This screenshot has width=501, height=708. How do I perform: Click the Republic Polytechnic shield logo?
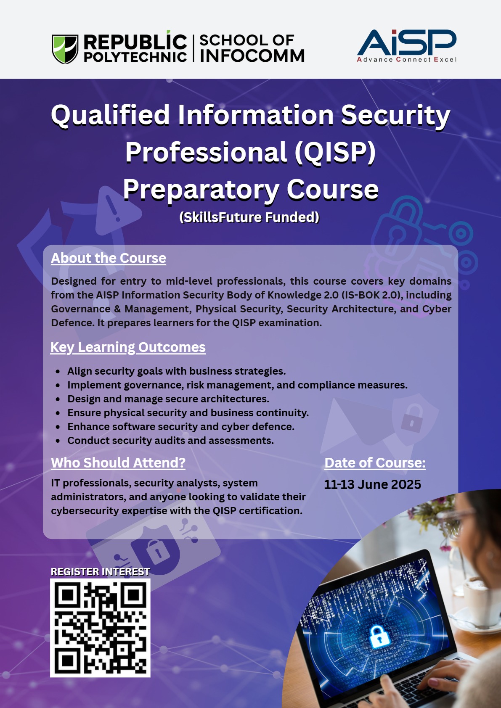[x=65, y=49]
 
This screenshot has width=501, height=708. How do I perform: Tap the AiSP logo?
[x=407, y=45]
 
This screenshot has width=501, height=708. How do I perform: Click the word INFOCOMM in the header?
[x=252, y=55]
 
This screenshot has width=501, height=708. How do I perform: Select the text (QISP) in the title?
[x=335, y=152]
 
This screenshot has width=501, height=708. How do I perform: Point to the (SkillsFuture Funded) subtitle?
[x=249, y=217]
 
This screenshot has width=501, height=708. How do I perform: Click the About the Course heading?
[x=109, y=258]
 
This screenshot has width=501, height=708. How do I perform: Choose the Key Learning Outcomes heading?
[x=128, y=347]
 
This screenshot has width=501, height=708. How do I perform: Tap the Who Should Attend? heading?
[x=118, y=463]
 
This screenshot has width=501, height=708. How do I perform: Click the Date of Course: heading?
[x=375, y=463]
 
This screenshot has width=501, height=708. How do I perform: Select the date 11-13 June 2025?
[x=373, y=484]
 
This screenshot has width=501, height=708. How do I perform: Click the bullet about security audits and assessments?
[x=170, y=441]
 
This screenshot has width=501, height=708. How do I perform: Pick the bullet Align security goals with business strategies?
[x=177, y=371]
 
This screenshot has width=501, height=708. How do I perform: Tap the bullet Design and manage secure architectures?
[x=168, y=399]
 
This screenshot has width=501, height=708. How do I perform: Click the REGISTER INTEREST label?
[x=100, y=572]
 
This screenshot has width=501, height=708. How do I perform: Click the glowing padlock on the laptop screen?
[x=379, y=636]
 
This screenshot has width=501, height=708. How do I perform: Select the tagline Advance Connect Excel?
[x=407, y=59]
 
